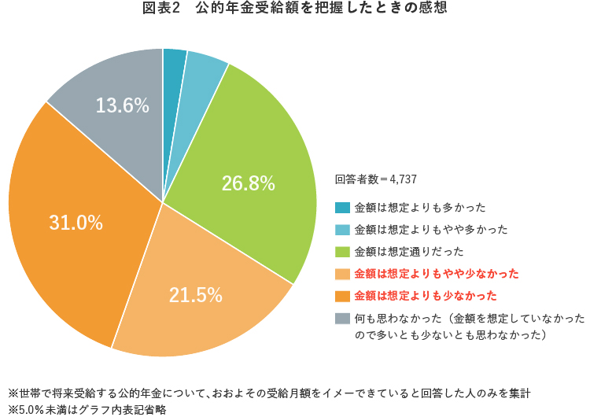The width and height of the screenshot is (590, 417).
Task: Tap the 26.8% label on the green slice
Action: (248, 183)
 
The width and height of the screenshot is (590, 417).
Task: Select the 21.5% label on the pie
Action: (195, 295)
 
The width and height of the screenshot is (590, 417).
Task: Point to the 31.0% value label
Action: (76, 223)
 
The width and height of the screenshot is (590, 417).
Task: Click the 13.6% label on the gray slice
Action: (122, 105)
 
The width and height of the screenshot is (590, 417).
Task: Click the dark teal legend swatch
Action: (342, 208)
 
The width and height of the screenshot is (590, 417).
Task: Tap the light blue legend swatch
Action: (342, 230)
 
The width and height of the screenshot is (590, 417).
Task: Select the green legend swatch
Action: (342, 252)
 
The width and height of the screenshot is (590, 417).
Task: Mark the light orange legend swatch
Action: (342, 274)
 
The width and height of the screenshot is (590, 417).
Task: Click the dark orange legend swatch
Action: (342, 296)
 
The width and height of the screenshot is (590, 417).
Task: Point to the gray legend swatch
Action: (342, 318)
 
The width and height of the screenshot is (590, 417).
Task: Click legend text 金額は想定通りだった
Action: (409, 252)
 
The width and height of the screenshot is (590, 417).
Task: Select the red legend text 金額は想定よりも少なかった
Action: (426, 296)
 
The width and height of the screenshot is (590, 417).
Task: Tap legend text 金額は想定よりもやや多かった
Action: (431, 230)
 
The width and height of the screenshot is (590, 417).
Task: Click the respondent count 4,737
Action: (403, 179)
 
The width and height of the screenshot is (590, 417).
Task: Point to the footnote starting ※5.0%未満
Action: (87, 408)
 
